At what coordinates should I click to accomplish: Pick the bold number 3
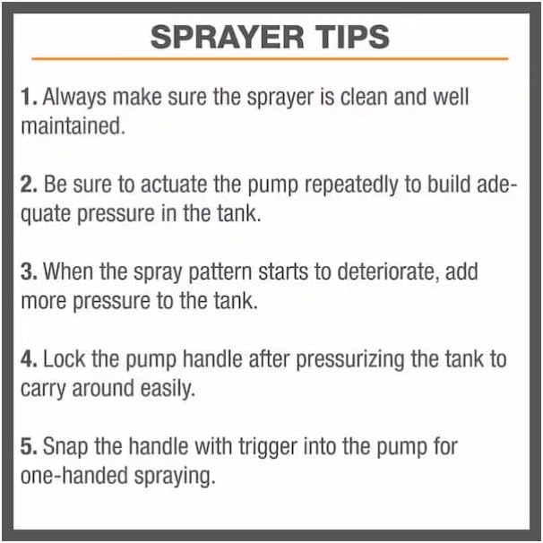(28, 271)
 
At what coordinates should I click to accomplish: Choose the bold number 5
(28, 446)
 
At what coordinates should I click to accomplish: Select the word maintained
(71, 125)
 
